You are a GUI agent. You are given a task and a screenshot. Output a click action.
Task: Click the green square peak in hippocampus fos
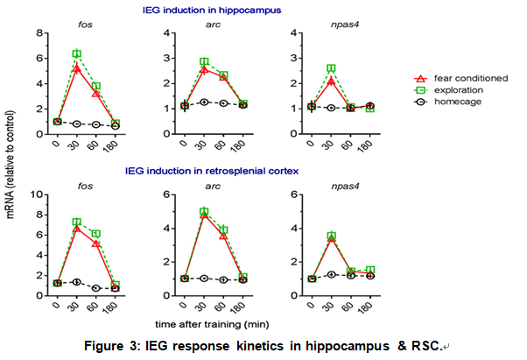pos(77,54)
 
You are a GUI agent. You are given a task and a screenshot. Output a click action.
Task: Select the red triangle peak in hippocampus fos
pos(77,67)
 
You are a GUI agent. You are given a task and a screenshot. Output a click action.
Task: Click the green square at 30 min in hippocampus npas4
pos(331,68)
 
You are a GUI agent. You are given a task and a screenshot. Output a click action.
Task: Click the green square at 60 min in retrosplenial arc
pos(223,230)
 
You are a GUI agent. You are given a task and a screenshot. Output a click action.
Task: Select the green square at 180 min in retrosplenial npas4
pos(370,271)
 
